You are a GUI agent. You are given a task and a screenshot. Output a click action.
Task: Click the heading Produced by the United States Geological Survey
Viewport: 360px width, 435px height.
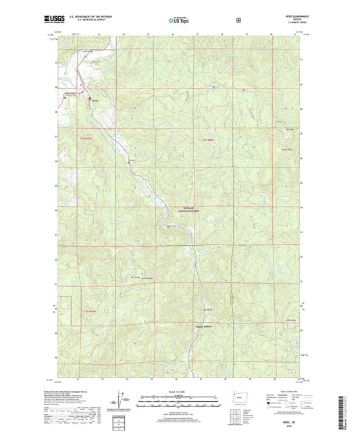pyautogui.click(x=74, y=392)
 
